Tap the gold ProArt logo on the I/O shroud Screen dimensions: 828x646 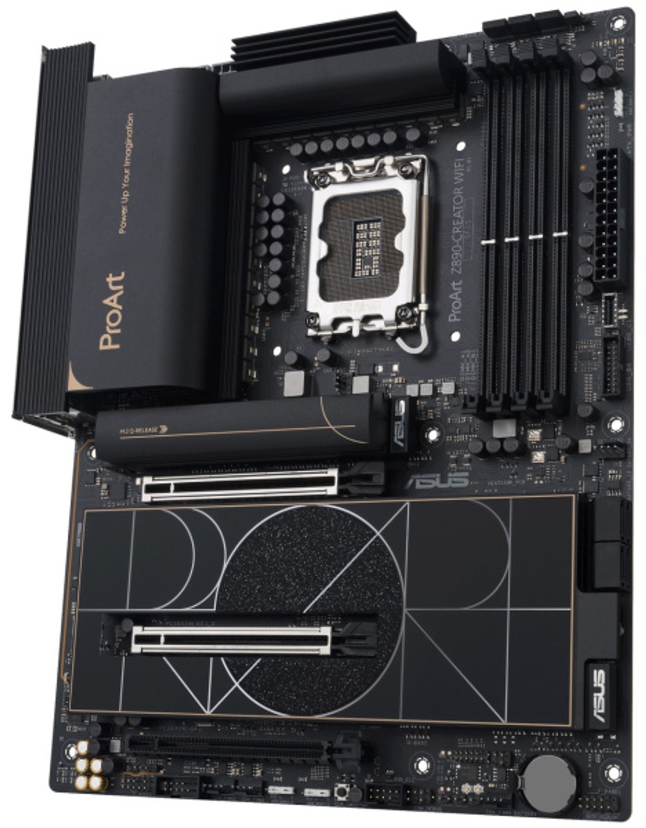tap(111, 311)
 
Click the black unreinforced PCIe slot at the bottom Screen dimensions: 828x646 tap(226, 747)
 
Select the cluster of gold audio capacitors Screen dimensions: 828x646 tap(90, 765)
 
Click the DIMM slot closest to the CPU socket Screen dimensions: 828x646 tap(492, 233)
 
